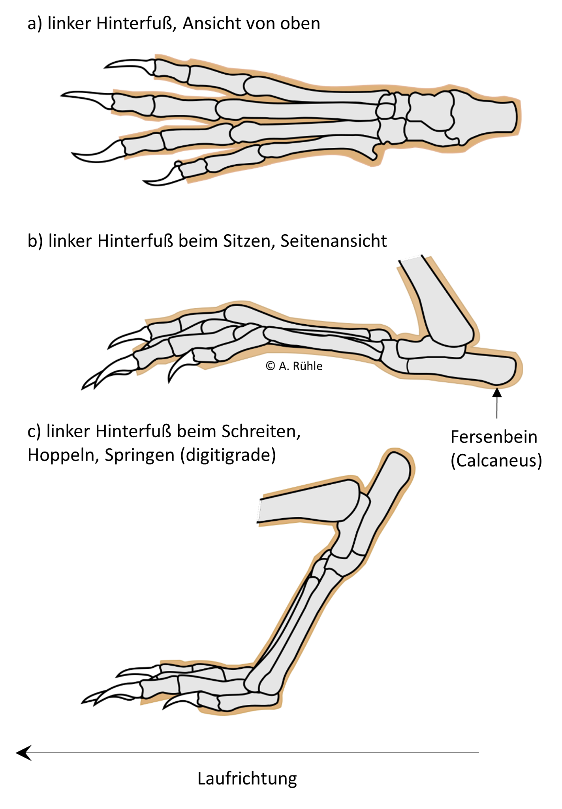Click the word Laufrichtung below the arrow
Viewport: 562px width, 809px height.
pos(247,779)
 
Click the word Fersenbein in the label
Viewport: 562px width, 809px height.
pos(494,437)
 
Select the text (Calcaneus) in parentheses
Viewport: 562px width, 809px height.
pos(496,461)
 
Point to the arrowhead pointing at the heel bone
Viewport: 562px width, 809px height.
pos(497,393)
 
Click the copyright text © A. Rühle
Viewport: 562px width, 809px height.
pos(294,366)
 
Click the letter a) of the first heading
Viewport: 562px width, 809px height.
pos(34,24)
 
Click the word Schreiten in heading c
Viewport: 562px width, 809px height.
pos(261,431)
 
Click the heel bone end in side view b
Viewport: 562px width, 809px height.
pos(502,369)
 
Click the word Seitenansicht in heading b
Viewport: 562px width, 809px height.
pos(334,241)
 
